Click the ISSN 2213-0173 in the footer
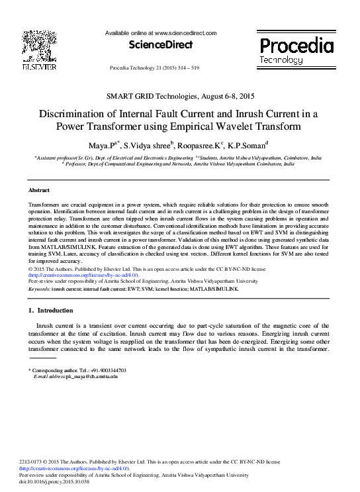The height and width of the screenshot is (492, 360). (x=34, y=462)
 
